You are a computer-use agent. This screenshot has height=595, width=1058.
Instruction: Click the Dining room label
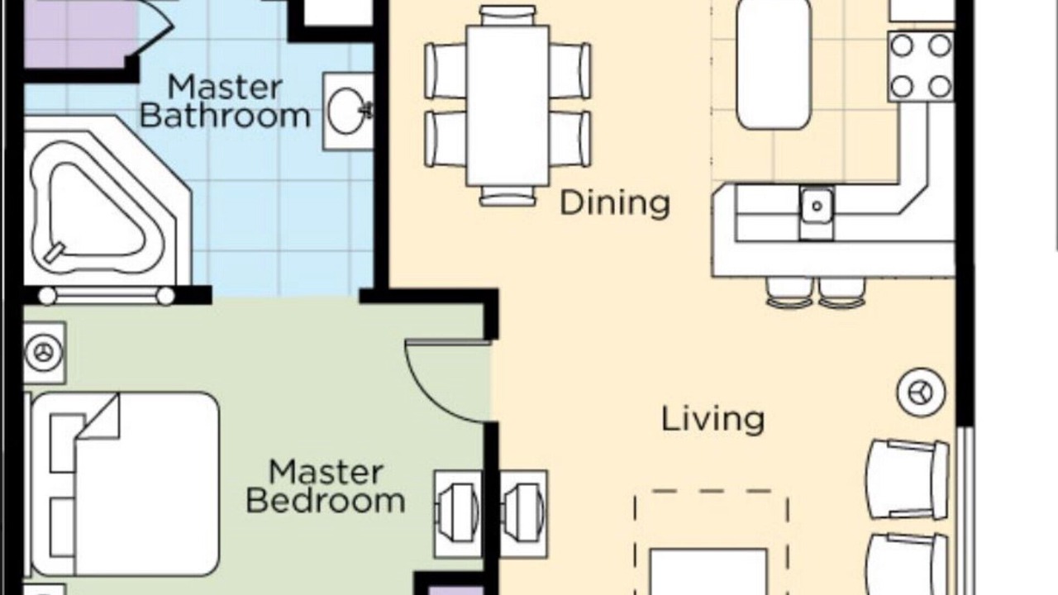click(x=614, y=203)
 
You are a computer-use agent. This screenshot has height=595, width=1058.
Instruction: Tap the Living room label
click(x=712, y=419)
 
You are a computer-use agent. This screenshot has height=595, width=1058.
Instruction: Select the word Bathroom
click(x=226, y=116)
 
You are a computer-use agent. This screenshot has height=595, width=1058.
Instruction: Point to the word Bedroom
click(x=326, y=501)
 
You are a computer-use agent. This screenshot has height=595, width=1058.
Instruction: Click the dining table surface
click(x=508, y=106)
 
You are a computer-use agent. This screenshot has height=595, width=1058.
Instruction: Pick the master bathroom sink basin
click(x=347, y=112)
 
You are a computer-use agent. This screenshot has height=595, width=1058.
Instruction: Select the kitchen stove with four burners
click(x=921, y=67)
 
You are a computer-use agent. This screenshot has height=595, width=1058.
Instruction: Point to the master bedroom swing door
click(x=446, y=381)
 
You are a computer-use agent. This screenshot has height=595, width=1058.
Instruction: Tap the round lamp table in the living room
click(x=921, y=393)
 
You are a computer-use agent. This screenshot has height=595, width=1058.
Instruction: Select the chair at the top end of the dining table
click(x=508, y=16)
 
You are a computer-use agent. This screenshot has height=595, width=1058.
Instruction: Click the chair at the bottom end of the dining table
click(x=508, y=196)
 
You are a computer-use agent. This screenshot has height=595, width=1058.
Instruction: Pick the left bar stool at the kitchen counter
click(x=789, y=293)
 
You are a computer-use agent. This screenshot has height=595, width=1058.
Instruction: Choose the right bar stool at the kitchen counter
click(x=842, y=293)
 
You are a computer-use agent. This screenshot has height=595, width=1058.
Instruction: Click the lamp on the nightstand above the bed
click(x=44, y=352)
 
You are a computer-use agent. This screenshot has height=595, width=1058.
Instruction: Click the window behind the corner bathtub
click(x=107, y=296)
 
